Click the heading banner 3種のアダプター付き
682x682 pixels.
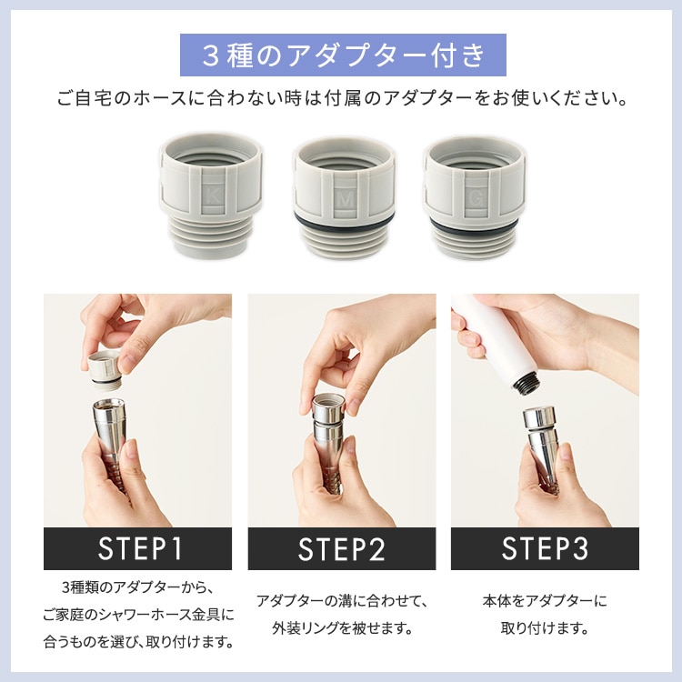coord(342,56)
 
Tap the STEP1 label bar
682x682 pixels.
coord(137,549)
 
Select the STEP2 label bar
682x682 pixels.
coord(341,549)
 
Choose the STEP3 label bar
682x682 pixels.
coord(545,549)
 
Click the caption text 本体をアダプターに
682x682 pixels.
coord(545,601)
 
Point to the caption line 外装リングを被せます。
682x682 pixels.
coord(341,628)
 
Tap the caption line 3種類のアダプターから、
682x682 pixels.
coord(137,587)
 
